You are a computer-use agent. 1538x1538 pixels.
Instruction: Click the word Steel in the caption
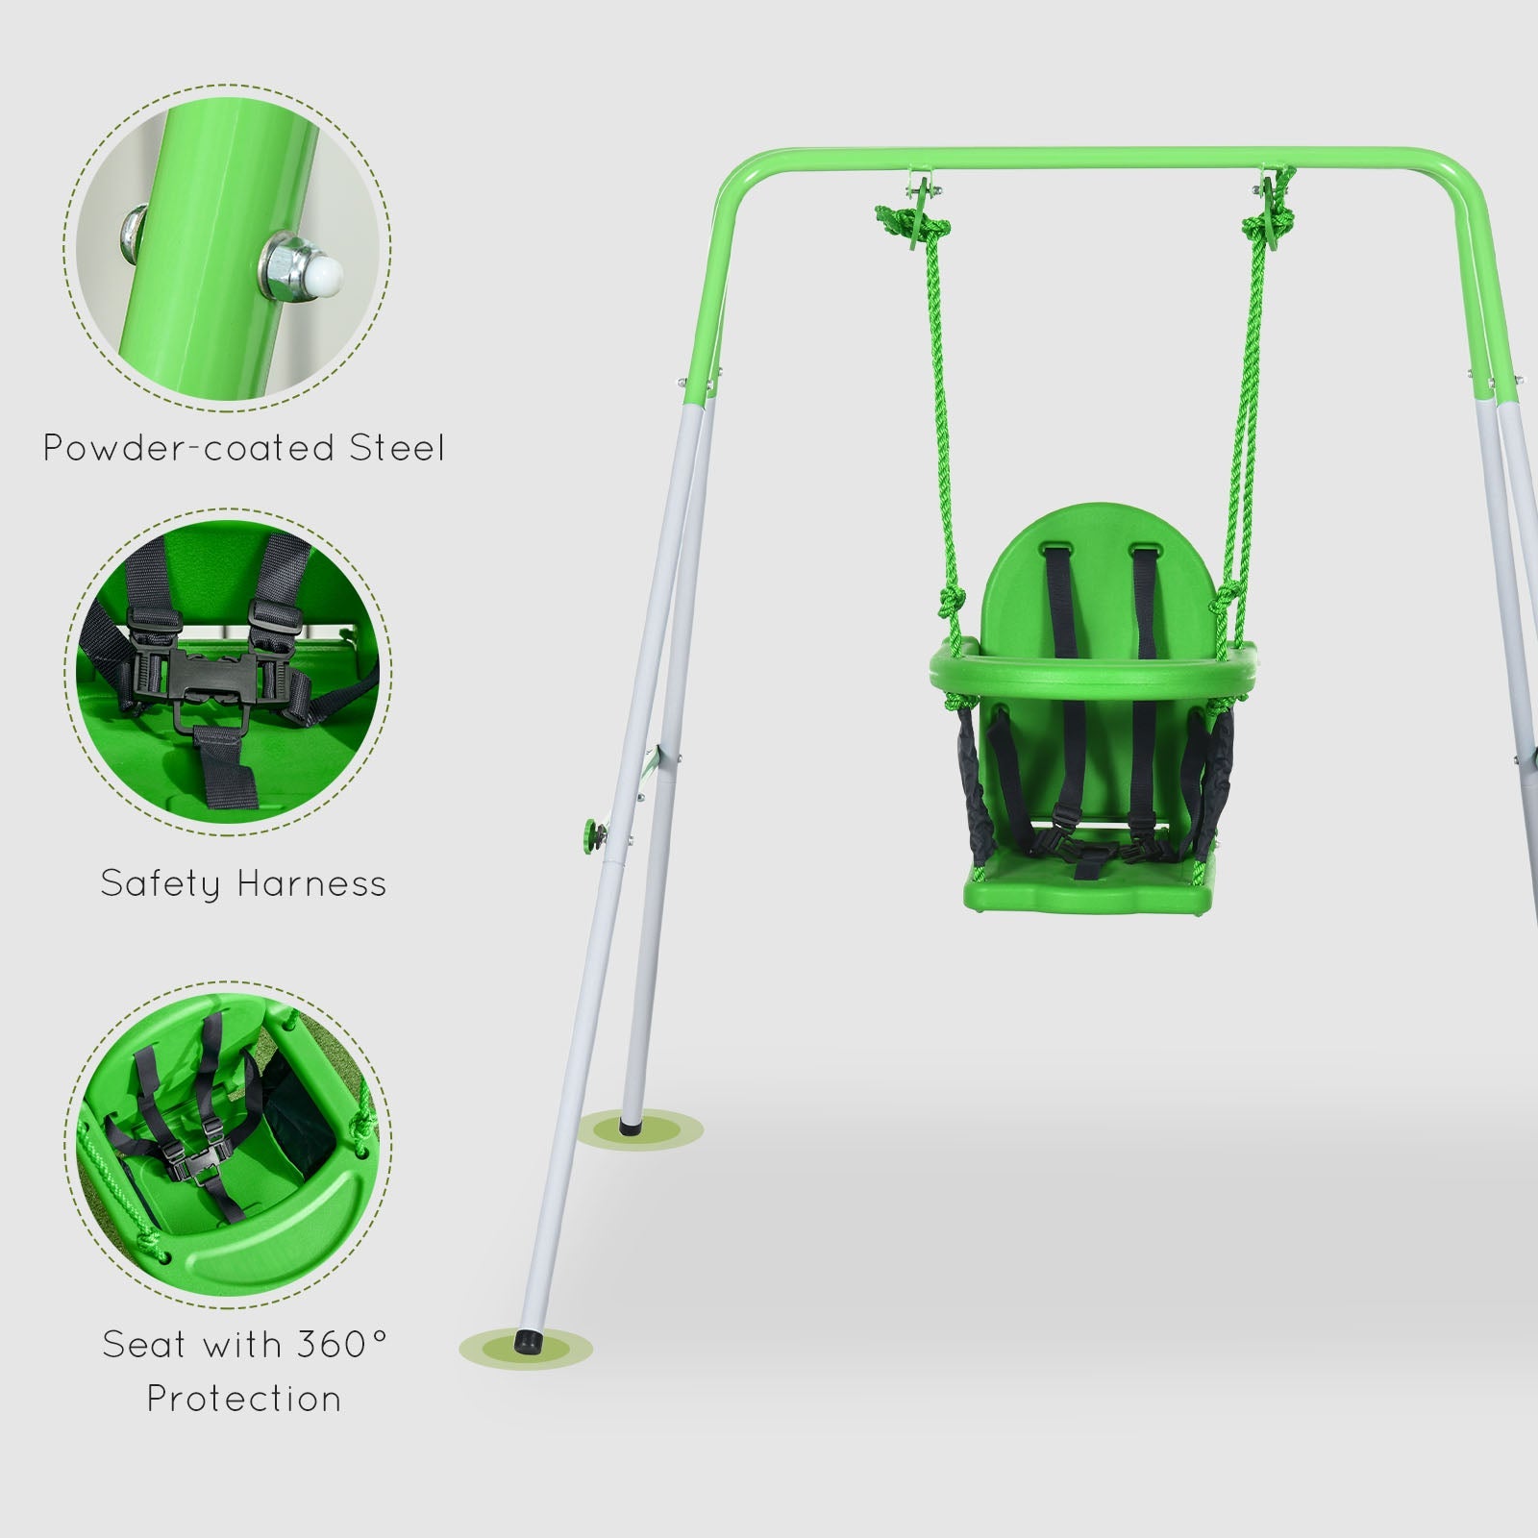click(396, 448)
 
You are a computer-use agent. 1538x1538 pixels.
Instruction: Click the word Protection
click(244, 1399)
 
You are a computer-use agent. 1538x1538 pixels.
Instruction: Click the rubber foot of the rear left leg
click(630, 1120)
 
